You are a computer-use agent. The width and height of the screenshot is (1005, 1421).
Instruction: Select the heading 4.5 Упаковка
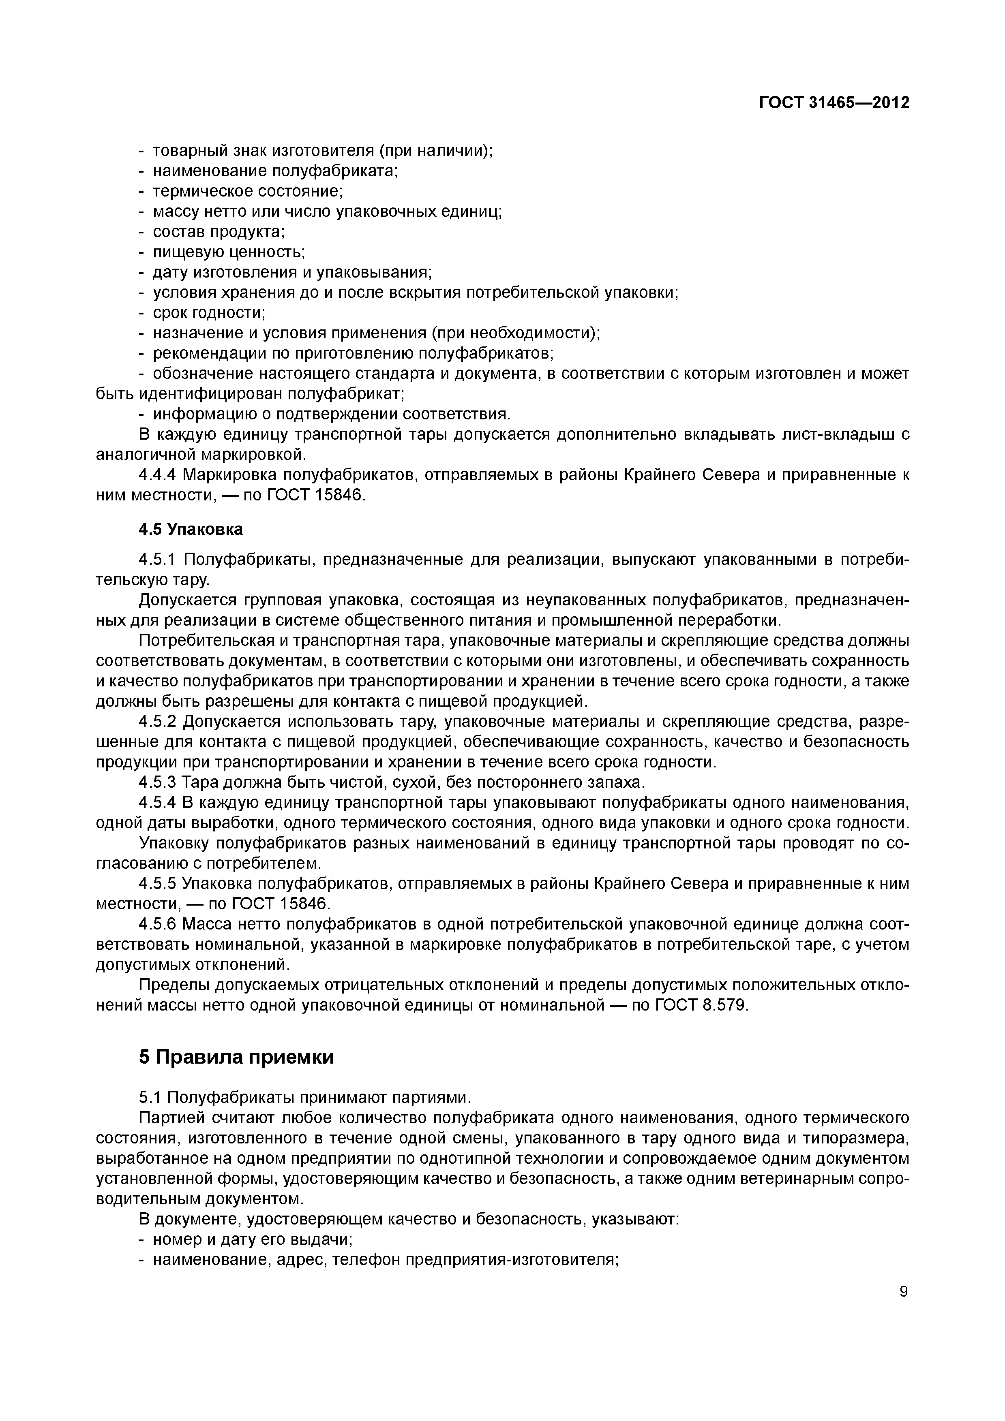pyautogui.click(x=191, y=529)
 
